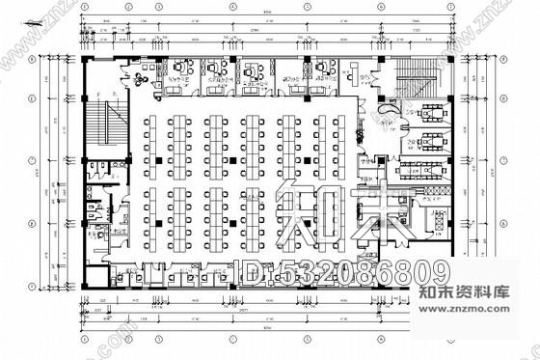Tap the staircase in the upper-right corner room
418,74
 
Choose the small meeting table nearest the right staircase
427,112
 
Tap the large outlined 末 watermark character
381,215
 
